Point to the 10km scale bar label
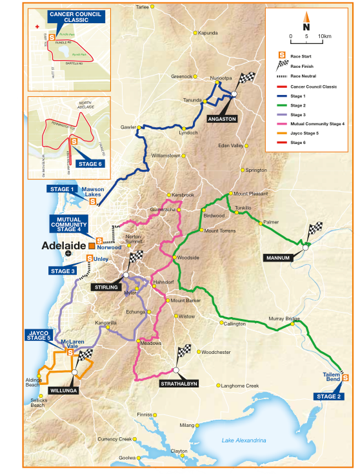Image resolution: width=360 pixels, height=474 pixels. click(325, 36)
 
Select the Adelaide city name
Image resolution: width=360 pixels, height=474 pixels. click(65, 245)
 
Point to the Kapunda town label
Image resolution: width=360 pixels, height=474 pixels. click(208, 33)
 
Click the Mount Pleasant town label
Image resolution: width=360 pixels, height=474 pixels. click(249, 194)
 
